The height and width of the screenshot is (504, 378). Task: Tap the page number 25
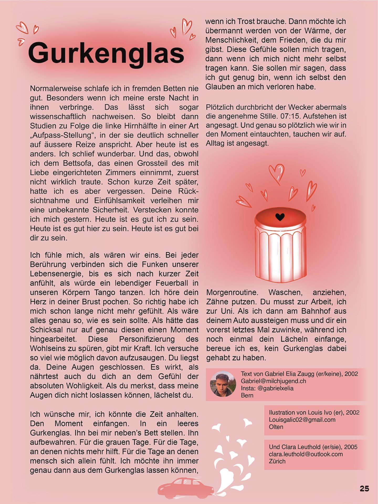(364, 489)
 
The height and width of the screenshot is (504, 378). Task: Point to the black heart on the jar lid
(280, 217)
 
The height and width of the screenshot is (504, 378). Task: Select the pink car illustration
(185, 488)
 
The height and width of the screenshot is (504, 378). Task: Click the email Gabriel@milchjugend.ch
(273, 381)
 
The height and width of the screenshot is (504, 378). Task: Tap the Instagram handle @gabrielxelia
(275, 388)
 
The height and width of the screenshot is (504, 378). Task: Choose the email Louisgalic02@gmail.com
(302, 419)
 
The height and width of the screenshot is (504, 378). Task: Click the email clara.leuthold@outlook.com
(306, 454)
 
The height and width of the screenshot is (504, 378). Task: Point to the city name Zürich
(277, 461)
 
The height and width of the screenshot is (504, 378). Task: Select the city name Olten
(276, 427)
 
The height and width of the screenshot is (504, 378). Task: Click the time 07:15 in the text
(291, 116)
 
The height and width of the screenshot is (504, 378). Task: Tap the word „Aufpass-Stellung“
(62, 135)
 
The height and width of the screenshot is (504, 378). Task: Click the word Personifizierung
(147, 339)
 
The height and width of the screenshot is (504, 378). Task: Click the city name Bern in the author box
(247, 395)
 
